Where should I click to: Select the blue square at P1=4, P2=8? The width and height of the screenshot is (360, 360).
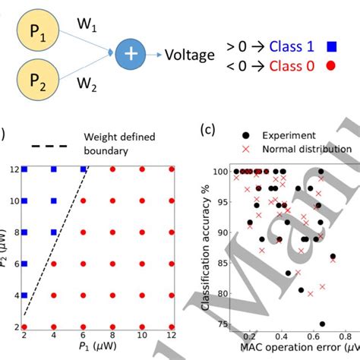pyautogui.click(x=53, y=232)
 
